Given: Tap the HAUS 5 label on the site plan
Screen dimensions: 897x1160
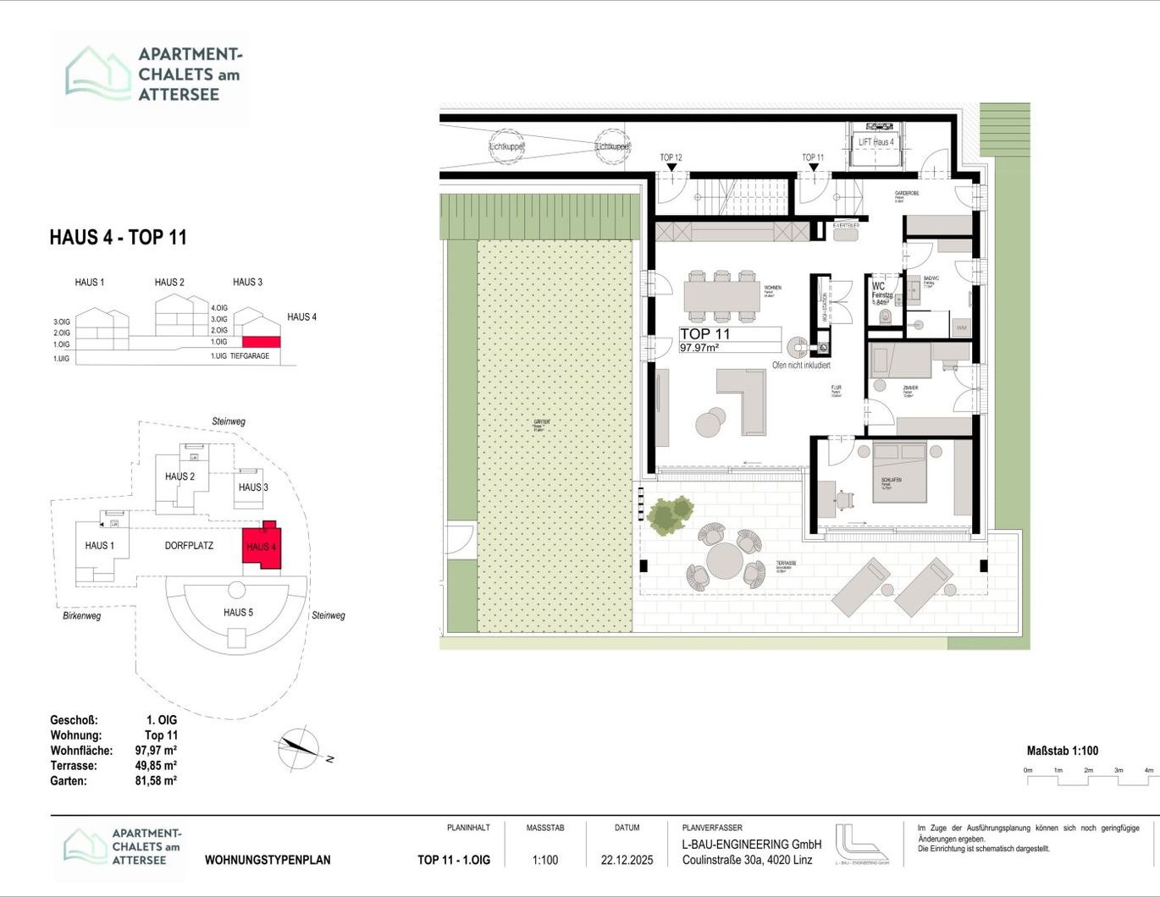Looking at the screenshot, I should pos(238,612).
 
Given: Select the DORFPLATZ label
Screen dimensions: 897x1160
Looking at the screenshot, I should pos(189,546).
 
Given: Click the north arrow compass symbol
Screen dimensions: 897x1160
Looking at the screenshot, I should pos(298,748).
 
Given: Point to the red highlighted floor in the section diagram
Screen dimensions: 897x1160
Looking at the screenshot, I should pos(260,341).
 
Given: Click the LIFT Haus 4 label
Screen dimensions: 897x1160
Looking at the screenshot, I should pos(876,142).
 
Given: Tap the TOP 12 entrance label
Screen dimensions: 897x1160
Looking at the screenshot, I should pos(671,157).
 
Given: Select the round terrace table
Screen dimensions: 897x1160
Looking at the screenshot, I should pos(725,560).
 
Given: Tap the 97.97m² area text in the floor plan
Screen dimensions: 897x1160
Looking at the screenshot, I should pos(699,348).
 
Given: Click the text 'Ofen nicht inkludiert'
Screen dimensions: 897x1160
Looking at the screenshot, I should pos(801,366).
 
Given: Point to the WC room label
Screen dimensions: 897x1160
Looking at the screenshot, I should pos(878,286).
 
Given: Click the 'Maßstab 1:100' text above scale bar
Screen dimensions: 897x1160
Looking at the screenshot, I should pos(1062,751).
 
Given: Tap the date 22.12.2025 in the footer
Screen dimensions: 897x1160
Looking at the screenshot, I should pos(627,860).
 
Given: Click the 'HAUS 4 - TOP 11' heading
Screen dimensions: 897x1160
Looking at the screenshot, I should pos(118,238).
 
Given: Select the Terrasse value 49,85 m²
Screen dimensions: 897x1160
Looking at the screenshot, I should pos(156,766).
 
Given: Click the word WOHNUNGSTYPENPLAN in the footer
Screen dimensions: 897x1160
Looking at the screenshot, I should pos(268,860).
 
